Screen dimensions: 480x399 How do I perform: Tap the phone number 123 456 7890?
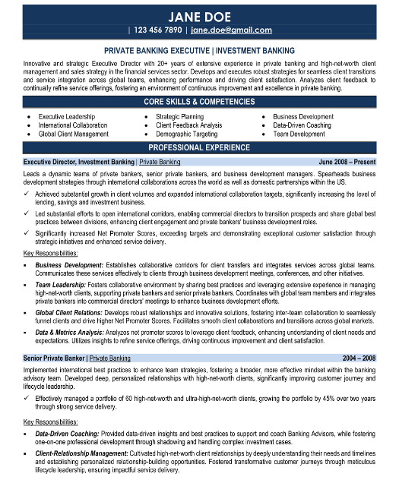coord(158,30)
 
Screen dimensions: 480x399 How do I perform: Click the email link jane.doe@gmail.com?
coord(231,30)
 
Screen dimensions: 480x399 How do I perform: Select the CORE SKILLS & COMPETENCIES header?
coord(199,101)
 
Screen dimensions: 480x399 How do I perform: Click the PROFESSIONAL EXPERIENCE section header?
coord(199,147)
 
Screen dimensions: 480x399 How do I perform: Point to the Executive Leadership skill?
coord(67,116)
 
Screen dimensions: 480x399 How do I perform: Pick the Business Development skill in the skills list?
coord(303,116)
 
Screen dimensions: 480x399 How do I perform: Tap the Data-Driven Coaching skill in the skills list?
coord(302,125)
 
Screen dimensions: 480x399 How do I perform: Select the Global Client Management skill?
coord(73,133)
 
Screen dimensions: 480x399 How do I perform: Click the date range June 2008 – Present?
coord(347,163)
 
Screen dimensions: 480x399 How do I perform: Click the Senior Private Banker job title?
coord(54,356)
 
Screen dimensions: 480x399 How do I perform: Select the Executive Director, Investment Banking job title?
coord(78,163)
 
